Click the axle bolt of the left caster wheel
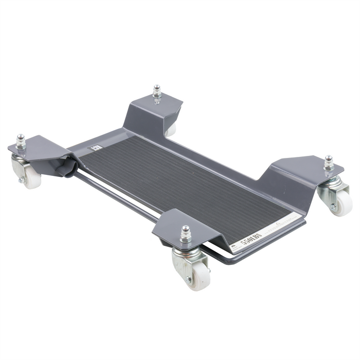(22, 180)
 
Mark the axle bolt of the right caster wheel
(334, 206)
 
